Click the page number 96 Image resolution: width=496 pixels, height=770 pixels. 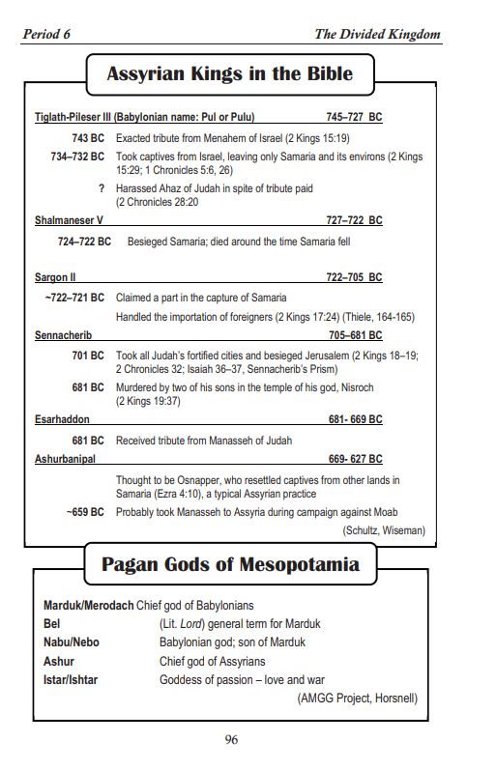point(231,740)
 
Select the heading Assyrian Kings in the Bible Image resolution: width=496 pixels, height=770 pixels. point(229,74)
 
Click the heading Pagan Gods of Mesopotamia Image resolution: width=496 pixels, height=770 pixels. point(230,565)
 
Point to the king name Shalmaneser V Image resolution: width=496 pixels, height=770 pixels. point(69,220)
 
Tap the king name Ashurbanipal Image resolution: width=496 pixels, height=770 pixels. point(65,459)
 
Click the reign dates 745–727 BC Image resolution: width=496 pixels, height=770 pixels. point(354,117)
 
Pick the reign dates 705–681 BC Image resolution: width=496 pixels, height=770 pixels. point(355,335)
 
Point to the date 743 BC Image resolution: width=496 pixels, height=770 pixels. point(87,138)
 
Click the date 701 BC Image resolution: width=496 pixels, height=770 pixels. point(87,356)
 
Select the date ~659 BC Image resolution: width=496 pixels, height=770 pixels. point(84,511)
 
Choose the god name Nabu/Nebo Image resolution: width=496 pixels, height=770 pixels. point(72,642)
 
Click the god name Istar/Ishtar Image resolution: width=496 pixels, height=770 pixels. point(71,679)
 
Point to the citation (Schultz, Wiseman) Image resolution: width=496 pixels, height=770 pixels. point(383,530)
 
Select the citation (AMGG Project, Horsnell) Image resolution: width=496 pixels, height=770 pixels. point(357,699)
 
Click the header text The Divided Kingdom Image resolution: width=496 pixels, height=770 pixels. point(377,35)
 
